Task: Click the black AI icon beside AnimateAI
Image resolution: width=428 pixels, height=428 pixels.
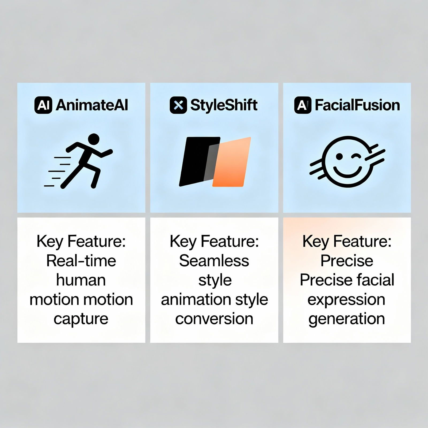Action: tap(43, 105)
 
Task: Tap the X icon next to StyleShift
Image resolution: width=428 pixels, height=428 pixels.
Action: tap(178, 105)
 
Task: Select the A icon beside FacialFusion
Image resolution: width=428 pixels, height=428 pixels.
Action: tap(303, 105)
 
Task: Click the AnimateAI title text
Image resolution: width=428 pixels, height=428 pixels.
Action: tap(92, 105)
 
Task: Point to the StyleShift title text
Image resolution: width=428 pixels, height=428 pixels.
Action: tap(224, 105)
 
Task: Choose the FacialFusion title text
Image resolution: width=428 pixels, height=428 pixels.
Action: tap(357, 105)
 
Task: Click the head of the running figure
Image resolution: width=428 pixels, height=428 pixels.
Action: tap(94, 139)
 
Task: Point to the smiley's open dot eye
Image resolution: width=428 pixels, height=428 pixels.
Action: tap(339, 156)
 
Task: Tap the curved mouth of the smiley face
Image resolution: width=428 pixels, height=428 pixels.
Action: tap(347, 172)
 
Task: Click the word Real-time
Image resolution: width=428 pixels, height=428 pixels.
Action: tap(81, 261)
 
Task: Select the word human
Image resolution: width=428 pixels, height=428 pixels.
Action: tap(81, 280)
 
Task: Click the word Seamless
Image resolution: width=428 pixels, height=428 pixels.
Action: tap(214, 261)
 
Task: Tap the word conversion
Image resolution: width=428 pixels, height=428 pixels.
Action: tap(214, 319)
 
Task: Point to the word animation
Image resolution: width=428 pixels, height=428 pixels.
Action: tap(196, 299)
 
